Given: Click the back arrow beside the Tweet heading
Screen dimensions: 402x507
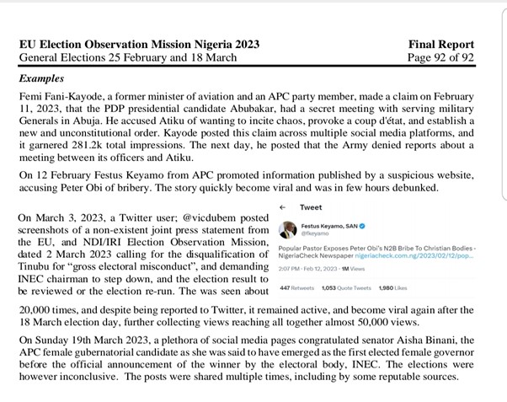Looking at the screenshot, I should pos(282,207).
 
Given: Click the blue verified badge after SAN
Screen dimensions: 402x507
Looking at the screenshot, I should pos(359,226).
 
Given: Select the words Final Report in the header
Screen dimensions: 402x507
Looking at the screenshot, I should pos(450,44).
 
